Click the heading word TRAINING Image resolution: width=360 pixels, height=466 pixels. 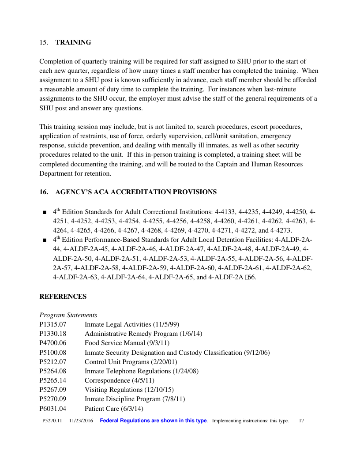point(73,42)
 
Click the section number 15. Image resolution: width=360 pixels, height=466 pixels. point(43,42)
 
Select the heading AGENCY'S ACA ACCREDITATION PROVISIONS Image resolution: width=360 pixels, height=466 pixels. point(136,192)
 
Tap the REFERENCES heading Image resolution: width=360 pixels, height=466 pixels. point(63,297)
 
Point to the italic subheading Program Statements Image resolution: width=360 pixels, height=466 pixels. point(68,315)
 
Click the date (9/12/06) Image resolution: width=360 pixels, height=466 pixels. point(257,353)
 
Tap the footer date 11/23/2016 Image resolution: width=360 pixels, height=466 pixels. point(81,421)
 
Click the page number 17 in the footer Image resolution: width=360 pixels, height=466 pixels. point(301,421)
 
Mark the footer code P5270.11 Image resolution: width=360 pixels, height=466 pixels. point(52,421)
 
